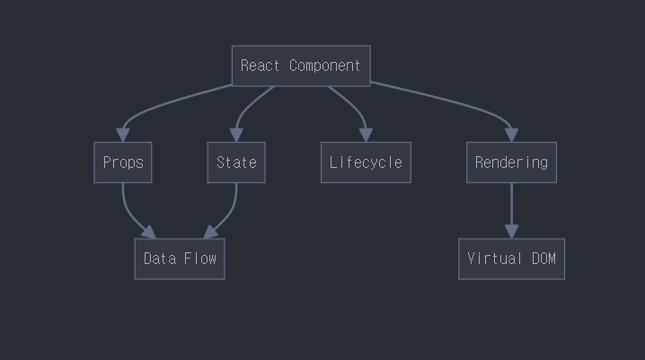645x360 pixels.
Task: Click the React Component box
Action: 301,66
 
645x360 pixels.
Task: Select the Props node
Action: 123,162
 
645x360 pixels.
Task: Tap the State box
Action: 236,162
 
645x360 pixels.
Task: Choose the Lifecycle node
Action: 366,162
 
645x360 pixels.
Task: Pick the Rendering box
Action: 511,162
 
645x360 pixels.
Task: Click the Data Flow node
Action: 180,259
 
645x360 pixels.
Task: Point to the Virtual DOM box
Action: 511,259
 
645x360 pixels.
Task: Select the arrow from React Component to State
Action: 249,106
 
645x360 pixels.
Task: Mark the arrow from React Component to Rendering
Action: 449,101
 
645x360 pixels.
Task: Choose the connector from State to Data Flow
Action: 230,215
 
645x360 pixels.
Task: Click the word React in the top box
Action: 261,66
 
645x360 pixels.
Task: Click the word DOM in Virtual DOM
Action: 543,259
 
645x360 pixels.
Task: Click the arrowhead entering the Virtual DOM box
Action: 511,231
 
